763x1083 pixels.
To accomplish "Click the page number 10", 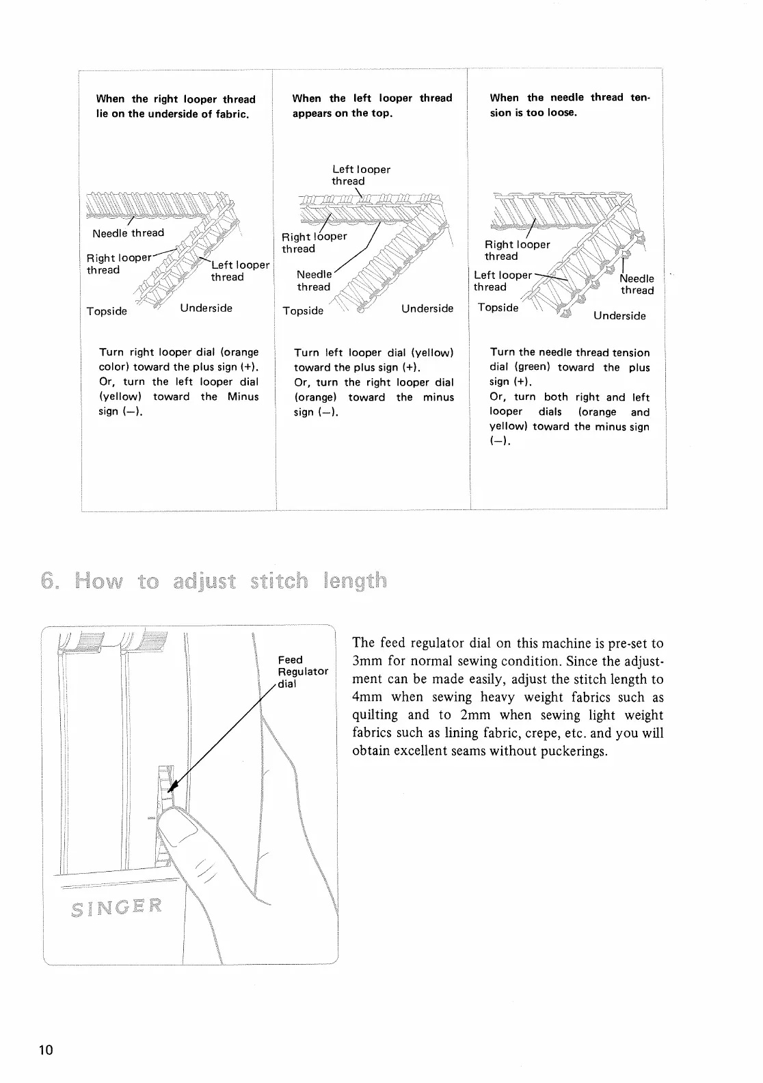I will [45, 1050].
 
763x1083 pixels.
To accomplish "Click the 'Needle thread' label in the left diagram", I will [129, 233].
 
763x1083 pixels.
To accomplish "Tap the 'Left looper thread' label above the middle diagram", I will [361, 175].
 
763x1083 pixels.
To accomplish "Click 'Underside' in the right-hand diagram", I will [619, 316].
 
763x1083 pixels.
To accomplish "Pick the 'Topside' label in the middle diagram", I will [303, 311].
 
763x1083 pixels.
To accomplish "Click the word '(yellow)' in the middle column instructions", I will [432, 353].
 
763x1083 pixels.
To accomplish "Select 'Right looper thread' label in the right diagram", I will [517, 250].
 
